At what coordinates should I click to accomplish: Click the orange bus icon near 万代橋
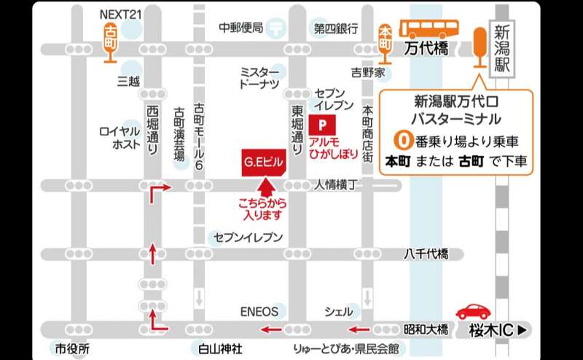pyautogui.click(x=432, y=30)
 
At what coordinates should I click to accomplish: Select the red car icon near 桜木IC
pyautogui.click(x=473, y=310)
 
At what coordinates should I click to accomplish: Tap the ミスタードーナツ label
pyautogui.click(x=259, y=78)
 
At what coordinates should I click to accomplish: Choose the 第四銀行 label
pyautogui.click(x=336, y=28)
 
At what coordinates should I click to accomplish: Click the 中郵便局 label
pyautogui.click(x=240, y=28)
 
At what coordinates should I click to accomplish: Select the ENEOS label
pyautogui.click(x=259, y=311)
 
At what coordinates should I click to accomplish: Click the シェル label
pyautogui.click(x=339, y=311)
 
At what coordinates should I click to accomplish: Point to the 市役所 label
pyautogui.click(x=72, y=349)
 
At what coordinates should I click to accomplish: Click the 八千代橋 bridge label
pyautogui.click(x=426, y=254)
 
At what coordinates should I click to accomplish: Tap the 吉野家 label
pyautogui.click(x=367, y=73)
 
